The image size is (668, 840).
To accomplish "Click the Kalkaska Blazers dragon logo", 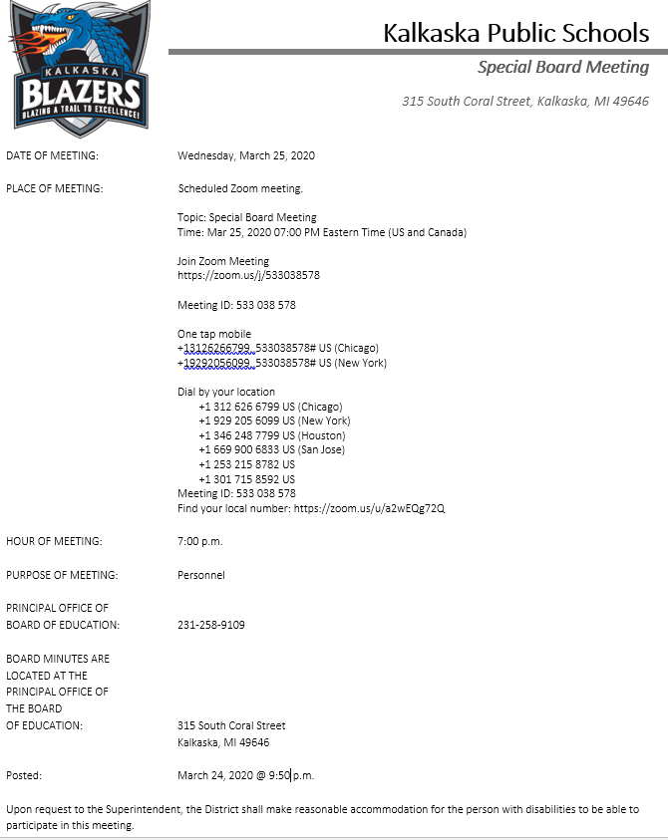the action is click(x=79, y=68).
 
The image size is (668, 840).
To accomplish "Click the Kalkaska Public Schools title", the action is click(x=515, y=33).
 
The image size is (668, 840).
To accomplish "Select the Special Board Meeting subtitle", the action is click(x=563, y=67).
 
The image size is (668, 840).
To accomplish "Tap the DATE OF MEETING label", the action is click(x=53, y=155).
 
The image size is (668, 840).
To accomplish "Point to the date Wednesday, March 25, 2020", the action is click(x=246, y=155).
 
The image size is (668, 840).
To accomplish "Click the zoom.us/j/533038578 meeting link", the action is click(x=249, y=275).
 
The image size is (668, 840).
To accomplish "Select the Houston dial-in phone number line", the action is click(x=272, y=435).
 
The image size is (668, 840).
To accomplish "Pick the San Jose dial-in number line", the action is click(x=271, y=449).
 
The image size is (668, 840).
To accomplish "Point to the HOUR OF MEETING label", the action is click(x=54, y=541).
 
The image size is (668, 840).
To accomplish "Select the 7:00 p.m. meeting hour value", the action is click(x=200, y=542).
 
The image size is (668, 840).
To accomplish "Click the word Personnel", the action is click(x=201, y=575).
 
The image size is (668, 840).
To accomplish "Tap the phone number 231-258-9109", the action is click(x=211, y=625).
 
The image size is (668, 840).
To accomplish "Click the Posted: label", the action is click(x=24, y=775).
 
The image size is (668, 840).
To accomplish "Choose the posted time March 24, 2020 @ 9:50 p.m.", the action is click(x=245, y=775).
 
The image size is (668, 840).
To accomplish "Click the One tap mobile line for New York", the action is click(x=282, y=363).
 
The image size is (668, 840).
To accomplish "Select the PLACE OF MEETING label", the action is click(x=55, y=188).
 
